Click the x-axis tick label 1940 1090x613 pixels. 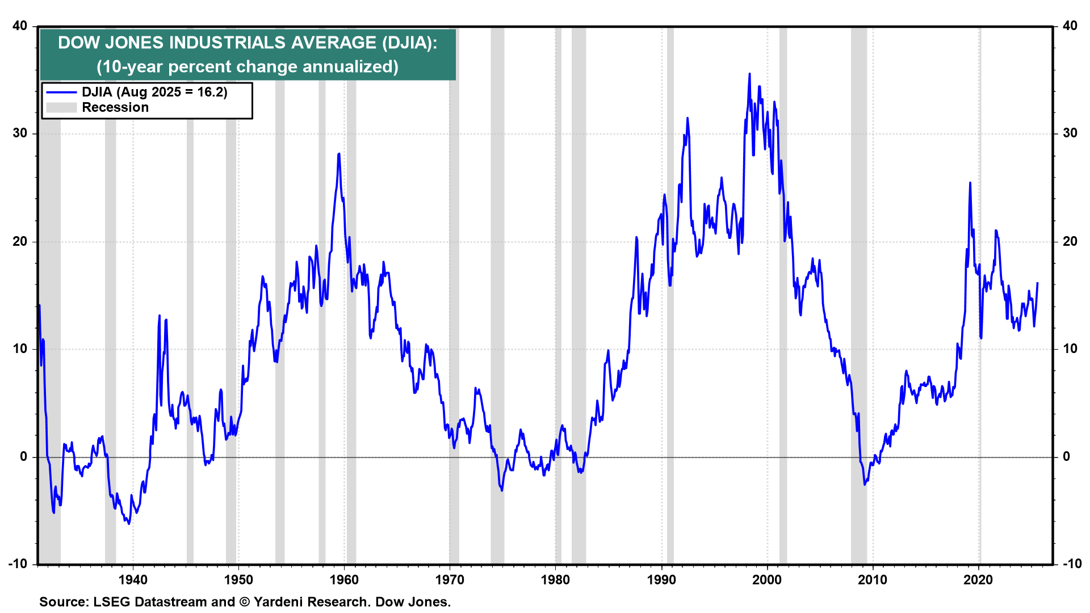[x=133, y=580]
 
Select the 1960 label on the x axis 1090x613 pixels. [x=344, y=580]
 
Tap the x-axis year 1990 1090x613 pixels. [x=661, y=580]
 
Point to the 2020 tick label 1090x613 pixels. [x=978, y=580]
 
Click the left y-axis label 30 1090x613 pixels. [x=20, y=133]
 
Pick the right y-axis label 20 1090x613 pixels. [x=1070, y=241]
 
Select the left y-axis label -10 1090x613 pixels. [x=18, y=564]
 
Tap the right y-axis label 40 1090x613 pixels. [x=1070, y=26]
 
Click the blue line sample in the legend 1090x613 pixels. [x=61, y=93]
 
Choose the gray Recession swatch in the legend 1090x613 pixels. [x=61, y=108]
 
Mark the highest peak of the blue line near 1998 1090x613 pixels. [x=749, y=74]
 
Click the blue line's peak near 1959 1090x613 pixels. [x=339, y=154]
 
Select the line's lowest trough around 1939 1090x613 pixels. [x=129, y=523]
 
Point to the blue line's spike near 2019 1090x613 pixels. [x=970, y=183]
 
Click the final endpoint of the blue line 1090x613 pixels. [x=1037, y=283]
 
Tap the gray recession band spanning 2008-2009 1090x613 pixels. [x=858, y=341]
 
